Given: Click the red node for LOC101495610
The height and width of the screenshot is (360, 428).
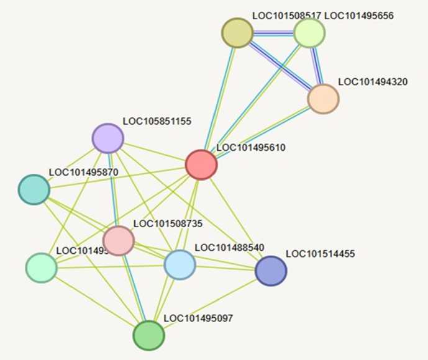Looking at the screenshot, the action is (x=201, y=165).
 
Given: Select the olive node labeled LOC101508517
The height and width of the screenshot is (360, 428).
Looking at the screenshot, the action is (x=237, y=33).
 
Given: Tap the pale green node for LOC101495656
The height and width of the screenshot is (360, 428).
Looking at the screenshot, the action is (x=309, y=33).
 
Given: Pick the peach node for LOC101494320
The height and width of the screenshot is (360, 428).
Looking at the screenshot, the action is (x=323, y=99).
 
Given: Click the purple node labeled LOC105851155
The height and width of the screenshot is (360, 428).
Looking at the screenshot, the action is (x=107, y=138).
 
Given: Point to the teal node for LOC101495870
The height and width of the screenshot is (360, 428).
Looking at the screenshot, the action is (x=34, y=189).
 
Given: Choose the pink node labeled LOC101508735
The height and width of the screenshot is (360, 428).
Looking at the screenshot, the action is (x=119, y=240).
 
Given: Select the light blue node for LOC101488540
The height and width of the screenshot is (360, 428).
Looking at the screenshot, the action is (x=180, y=264).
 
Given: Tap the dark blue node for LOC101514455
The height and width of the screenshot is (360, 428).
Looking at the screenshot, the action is (x=271, y=271).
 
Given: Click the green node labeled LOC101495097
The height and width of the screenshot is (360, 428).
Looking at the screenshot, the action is (x=149, y=335).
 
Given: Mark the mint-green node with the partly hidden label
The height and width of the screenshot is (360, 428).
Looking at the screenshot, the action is (x=41, y=268).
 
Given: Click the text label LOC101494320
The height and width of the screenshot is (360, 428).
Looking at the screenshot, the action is (x=373, y=81).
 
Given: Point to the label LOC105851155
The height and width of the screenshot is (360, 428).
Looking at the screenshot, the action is (x=157, y=121).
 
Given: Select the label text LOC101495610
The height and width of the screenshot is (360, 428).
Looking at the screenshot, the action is (x=251, y=148).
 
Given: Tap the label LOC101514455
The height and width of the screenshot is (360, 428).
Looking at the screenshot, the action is (x=320, y=254).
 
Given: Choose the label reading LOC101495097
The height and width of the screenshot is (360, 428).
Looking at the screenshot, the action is (x=199, y=318).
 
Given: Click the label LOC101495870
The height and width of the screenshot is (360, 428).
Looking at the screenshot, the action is (x=83, y=171).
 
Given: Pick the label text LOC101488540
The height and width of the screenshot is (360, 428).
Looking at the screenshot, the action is (x=229, y=248).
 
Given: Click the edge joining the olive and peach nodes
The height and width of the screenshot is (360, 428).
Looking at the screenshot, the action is (x=280, y=66).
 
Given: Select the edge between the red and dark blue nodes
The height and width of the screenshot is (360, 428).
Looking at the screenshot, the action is (x=236, y=218).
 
